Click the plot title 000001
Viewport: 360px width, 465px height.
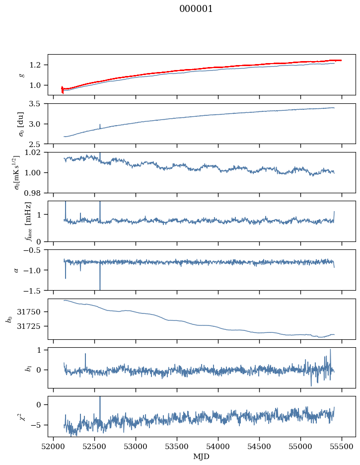pyautogui.click(x=196, y=9)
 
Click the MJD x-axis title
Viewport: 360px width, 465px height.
pyautogui.click(x=202, y=457)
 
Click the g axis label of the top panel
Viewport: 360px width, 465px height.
pyautogui.click(x=21, y=75)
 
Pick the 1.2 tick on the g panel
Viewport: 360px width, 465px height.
pyautogui.click(x=39, y=65)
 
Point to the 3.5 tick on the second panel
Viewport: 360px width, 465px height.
pyautogui.click(x=39, y=104)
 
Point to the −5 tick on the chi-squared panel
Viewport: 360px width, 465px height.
pyautogui.click(x=39, y=425)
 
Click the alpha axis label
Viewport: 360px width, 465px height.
pyautogui.click(x=16, y=270)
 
